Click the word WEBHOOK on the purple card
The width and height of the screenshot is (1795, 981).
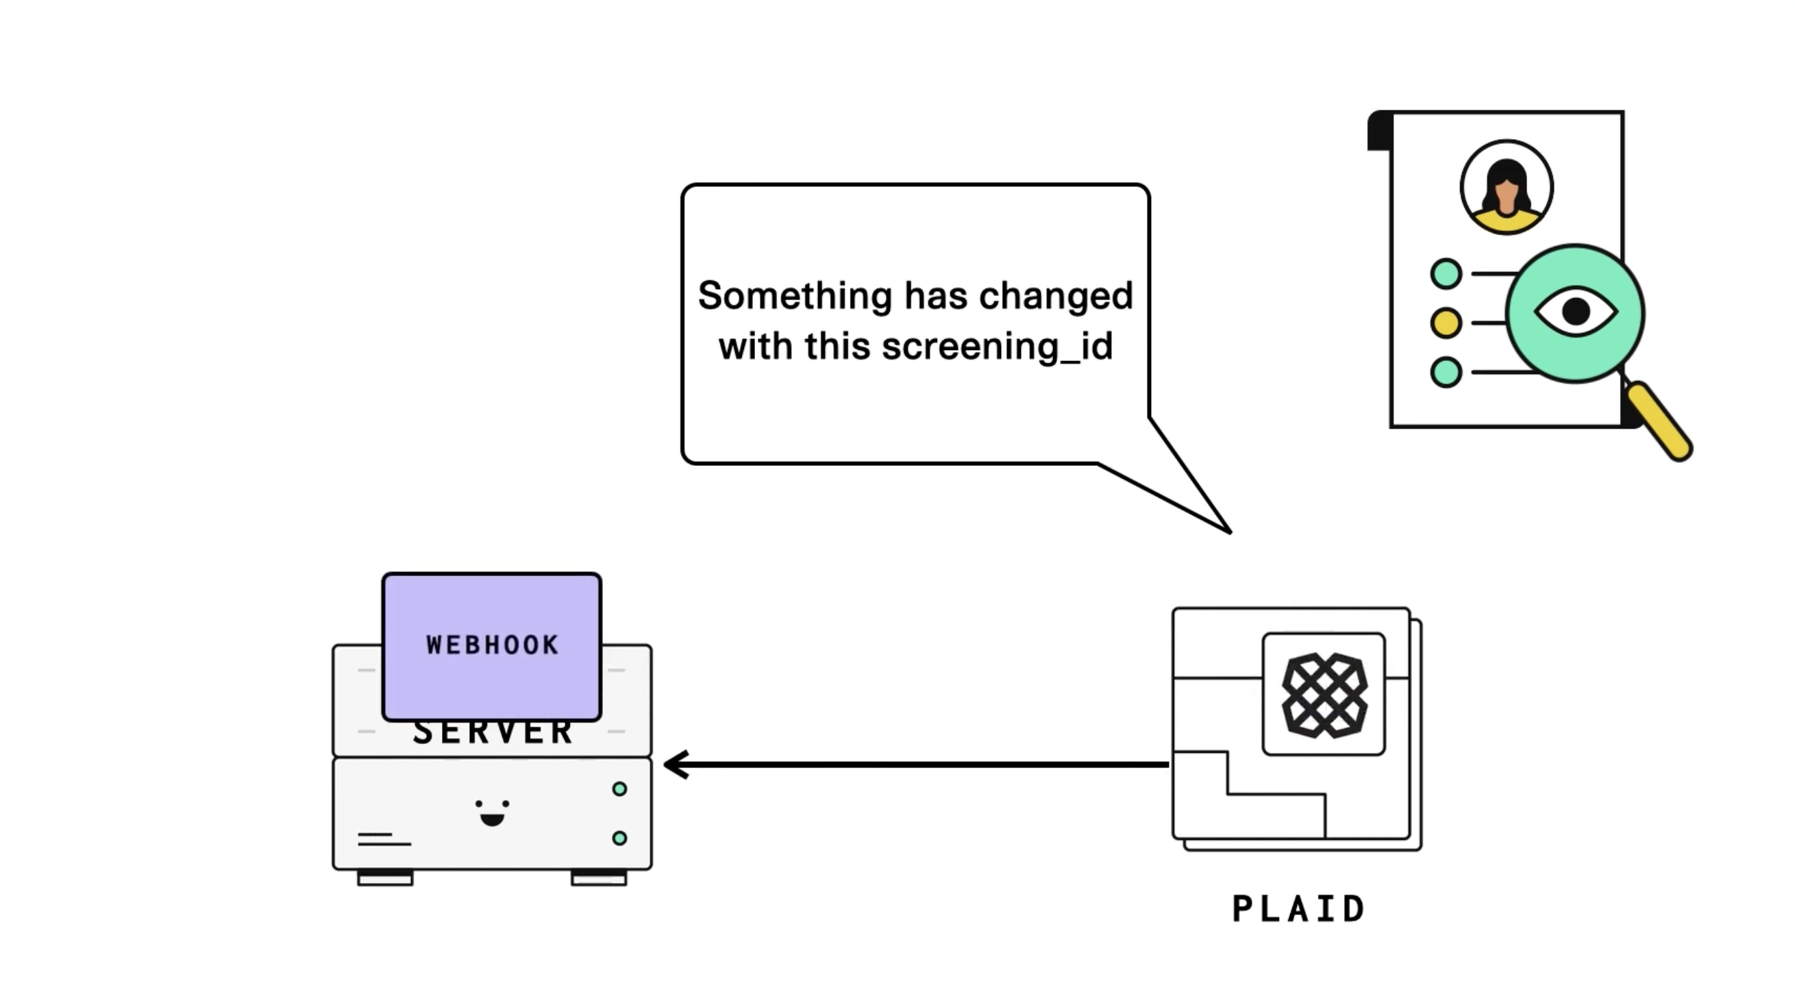(492, 645)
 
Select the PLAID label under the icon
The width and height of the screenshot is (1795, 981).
(1298, 909)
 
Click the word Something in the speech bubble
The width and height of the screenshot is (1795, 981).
(794, 295)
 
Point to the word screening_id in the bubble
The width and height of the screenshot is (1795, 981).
(997, 346)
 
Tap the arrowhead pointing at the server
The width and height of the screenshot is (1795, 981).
(675, 765)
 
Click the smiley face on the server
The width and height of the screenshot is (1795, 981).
(492, 812)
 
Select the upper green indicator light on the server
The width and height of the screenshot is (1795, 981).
(619, 788)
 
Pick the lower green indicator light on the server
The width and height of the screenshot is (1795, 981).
(619, 839)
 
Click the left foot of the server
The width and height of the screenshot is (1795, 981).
(384, 878)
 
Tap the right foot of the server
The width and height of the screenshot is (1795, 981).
(599, 878)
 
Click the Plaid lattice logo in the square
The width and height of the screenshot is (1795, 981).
(1324, 695)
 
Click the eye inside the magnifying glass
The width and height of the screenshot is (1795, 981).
(1576, 312)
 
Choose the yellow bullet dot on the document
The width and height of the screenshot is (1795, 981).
(1446, 323)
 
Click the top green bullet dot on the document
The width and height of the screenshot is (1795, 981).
(1446, 274)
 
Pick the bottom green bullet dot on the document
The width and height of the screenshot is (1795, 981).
(1446, 372)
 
